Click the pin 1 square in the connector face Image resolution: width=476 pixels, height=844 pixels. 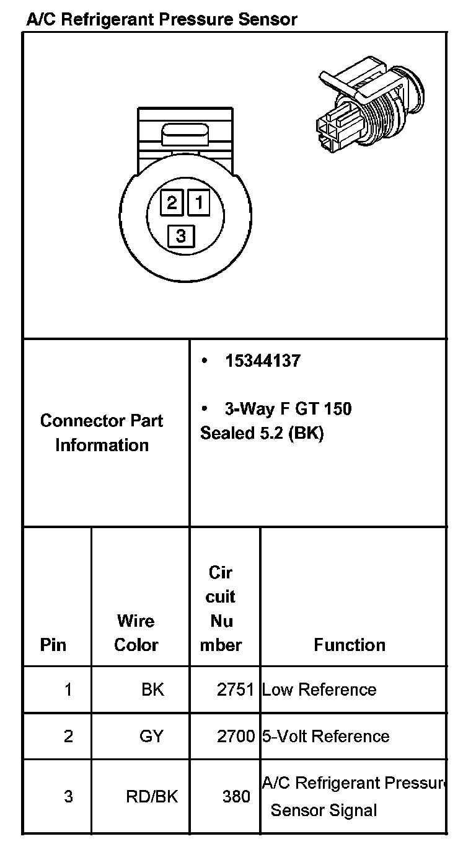point(199,202)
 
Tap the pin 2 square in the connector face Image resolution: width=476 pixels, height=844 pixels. point(172,202)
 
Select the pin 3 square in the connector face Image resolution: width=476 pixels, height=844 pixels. point(181,236)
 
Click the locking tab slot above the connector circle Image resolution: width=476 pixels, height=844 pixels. point(185,134)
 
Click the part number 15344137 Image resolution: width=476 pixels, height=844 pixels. point(262,361)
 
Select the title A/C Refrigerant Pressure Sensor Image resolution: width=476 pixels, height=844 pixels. point(161,19)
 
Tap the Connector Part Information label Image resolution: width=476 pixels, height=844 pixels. point(102,433)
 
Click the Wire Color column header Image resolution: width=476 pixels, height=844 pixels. point(136,632)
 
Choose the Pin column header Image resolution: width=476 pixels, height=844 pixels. point(53,645)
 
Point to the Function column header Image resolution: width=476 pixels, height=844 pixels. point(350,645)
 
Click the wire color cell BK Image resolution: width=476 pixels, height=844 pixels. point(152,689)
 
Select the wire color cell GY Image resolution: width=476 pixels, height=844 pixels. point(151,736)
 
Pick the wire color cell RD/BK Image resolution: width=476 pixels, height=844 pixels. point(152,796)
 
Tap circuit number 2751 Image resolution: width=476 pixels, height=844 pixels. point(236,689)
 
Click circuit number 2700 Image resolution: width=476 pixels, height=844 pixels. point(236,736)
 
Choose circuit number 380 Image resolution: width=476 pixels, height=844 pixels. point(236,796)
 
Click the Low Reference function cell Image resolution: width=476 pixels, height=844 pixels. point(319,689)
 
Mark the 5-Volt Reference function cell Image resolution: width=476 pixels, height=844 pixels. point(326,736)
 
